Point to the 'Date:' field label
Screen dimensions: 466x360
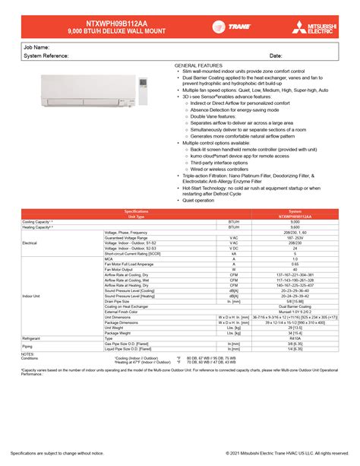[276, 55]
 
